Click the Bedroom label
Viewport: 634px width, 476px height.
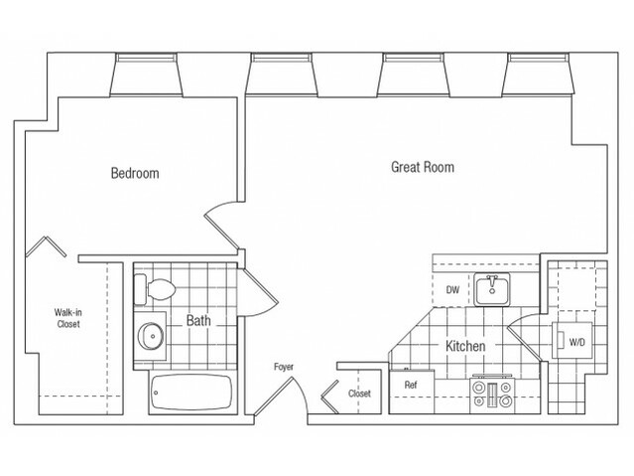coord(135,173)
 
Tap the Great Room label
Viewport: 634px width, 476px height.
coord(422,168)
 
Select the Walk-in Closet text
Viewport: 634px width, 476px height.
coord(67,318)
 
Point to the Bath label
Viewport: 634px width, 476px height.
coord(201,321)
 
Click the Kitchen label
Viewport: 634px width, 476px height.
coord(463,347)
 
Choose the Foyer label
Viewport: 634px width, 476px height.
coord(285,369)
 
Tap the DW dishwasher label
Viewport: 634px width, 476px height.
coord(452,290)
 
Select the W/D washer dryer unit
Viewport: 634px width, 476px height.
coord(574,343)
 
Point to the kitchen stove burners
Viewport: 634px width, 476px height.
coord(491,395)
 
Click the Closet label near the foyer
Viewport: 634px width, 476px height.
coord(359,394)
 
